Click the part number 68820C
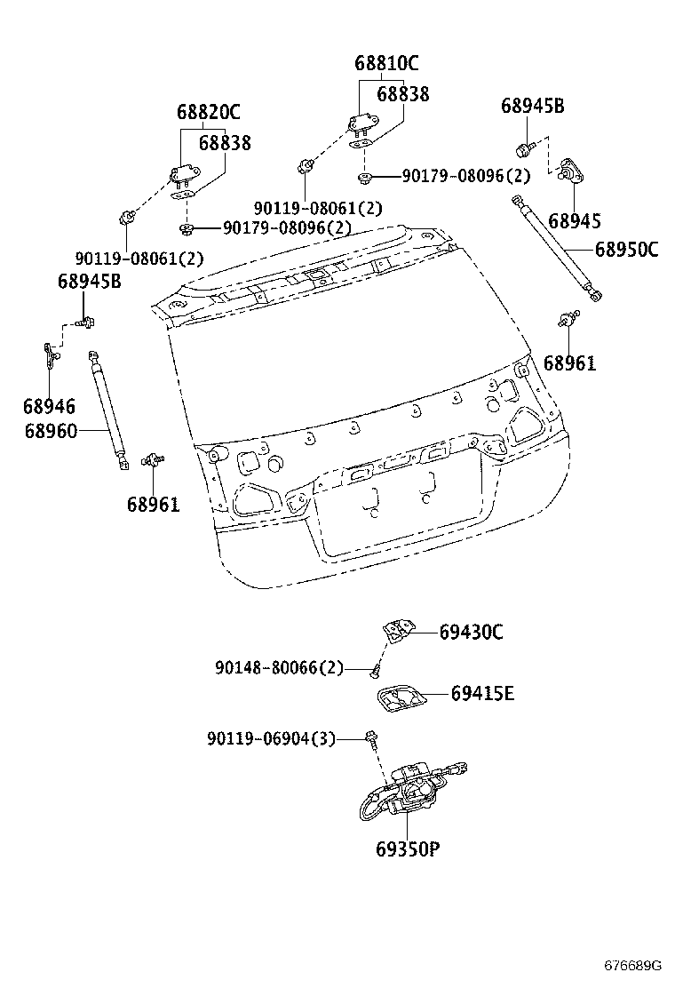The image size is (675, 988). pyautogui.click(x=208, y=113)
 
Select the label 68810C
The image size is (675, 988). pyautogui.click(x=386, y=64)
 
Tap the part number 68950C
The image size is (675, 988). pyautogui.click(x=626, y=250)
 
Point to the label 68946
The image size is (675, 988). pyautogui.click(x=49, y=407)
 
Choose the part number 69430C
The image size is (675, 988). pyautogui.click(x=471, y=632)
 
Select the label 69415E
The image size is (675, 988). pyautogui.click(x=481, y=693)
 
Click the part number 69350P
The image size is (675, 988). pyautogui.click(x=408, y=849)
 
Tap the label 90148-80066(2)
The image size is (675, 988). pyautogui.click(x=278, y=667)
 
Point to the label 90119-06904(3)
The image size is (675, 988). pyautogui.click(x=271, y=738)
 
